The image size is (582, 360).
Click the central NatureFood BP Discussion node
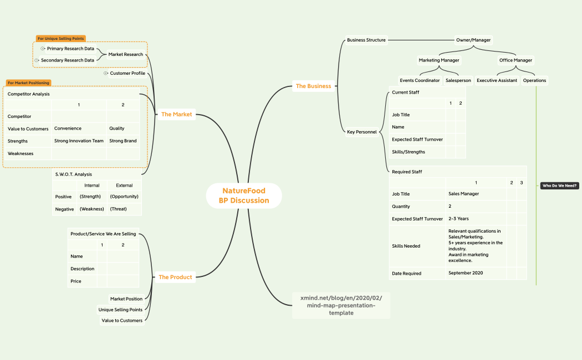point(244,196)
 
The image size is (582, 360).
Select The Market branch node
point(176,114)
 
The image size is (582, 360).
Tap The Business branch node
point(313,86)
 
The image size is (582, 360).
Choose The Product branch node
point(175,277)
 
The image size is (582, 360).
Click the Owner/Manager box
point(473,40)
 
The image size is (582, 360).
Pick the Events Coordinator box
point(420,80)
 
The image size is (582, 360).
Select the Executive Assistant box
point(497,80)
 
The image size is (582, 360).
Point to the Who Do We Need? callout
point(559,186)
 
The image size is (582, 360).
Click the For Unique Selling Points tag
point(61,39)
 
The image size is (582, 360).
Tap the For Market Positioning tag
point(28,83)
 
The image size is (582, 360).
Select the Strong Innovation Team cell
point(79,141)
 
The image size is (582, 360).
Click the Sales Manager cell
point(463,194)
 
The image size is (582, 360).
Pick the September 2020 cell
point(466,273)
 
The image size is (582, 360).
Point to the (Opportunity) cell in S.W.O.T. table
point(124,197)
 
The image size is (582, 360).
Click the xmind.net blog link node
point(341,306)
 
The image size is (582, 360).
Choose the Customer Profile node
point(127,74)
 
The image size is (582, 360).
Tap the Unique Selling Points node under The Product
point(120,310)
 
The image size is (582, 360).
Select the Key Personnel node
point(362,132)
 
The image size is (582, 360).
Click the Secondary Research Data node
point(68,60)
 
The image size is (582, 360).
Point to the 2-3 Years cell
point(458,219)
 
